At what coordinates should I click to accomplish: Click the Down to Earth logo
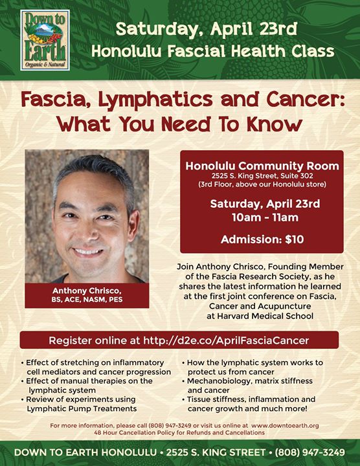click(45, 40)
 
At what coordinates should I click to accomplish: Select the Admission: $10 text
click(262, 239)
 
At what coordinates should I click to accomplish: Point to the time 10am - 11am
click(265, 217)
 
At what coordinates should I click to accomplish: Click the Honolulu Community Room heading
click(262, 166)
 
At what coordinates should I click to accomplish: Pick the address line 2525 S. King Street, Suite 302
click(262, 176)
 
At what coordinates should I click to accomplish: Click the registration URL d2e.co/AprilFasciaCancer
click(226, 340)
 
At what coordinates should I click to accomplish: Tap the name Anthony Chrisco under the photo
click(87, 291)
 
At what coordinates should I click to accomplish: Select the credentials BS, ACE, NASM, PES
click(87, 300)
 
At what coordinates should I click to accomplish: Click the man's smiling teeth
click(87, 251)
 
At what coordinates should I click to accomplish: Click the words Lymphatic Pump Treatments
click(82, 408)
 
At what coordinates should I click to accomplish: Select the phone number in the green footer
click(310, 452)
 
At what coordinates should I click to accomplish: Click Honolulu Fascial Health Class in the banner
click(213, 51)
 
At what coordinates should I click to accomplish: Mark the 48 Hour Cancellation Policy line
click(179, 432)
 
